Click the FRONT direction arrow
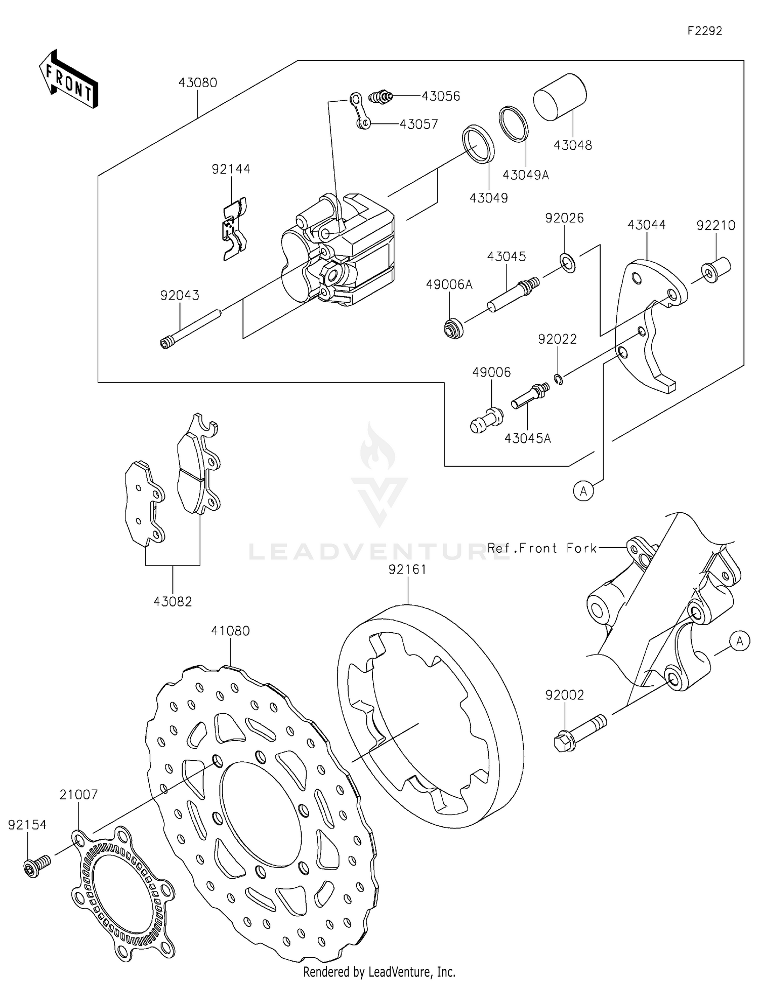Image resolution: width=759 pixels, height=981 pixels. coord(68,79)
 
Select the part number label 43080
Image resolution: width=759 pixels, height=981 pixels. coord(197,83)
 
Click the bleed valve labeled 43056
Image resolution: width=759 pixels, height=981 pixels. coord(381,96)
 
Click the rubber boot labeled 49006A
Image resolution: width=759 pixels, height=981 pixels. coord(453,329)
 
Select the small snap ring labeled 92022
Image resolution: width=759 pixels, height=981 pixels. coord(558,378)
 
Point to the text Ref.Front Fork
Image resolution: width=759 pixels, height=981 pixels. coord(542,548)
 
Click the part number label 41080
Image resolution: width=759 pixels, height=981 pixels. coord(230,631)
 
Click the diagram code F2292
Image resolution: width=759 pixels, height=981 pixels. coord(704,31)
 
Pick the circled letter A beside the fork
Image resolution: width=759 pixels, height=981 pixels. coord(740,641)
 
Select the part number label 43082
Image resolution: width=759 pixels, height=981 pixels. coord(173,601)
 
